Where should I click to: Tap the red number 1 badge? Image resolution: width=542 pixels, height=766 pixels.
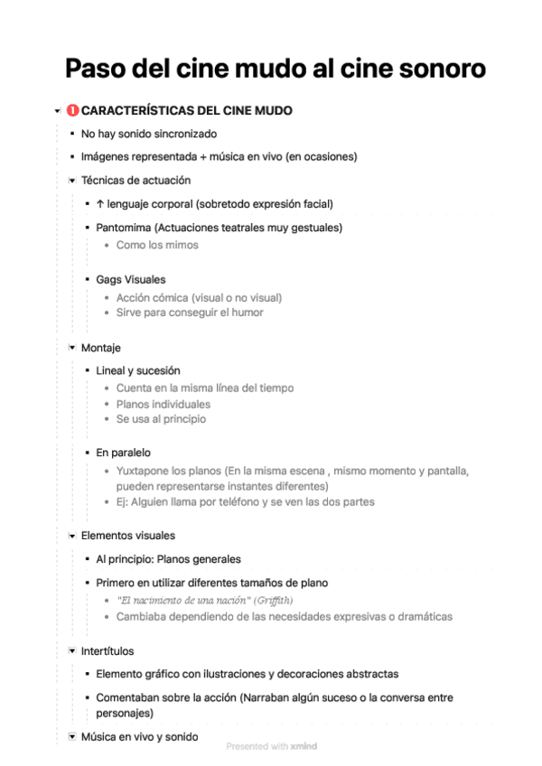tap(72, 111)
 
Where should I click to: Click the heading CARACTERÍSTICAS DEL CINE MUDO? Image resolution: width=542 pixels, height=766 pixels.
tap(186, 111)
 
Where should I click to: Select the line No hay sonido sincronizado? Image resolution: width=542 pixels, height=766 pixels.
tap(149, 134)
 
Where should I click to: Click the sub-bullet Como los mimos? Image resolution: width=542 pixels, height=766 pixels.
tap(157, 245)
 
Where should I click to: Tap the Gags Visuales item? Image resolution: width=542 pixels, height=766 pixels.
tap(131, 280)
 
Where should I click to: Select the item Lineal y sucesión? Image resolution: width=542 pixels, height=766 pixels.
tap(138, 370)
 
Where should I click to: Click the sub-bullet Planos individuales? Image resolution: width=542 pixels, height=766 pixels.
tap(164, 404)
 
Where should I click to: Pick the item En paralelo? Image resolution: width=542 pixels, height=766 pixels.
tap(124, 452)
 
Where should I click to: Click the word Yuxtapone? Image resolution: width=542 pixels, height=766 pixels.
tap(145, 471)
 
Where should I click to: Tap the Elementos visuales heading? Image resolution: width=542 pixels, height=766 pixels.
tap(128, 536)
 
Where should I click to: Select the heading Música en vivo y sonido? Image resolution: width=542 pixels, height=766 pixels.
tap(139, 737)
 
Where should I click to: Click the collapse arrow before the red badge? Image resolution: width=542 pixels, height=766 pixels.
tap(57, 112)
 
